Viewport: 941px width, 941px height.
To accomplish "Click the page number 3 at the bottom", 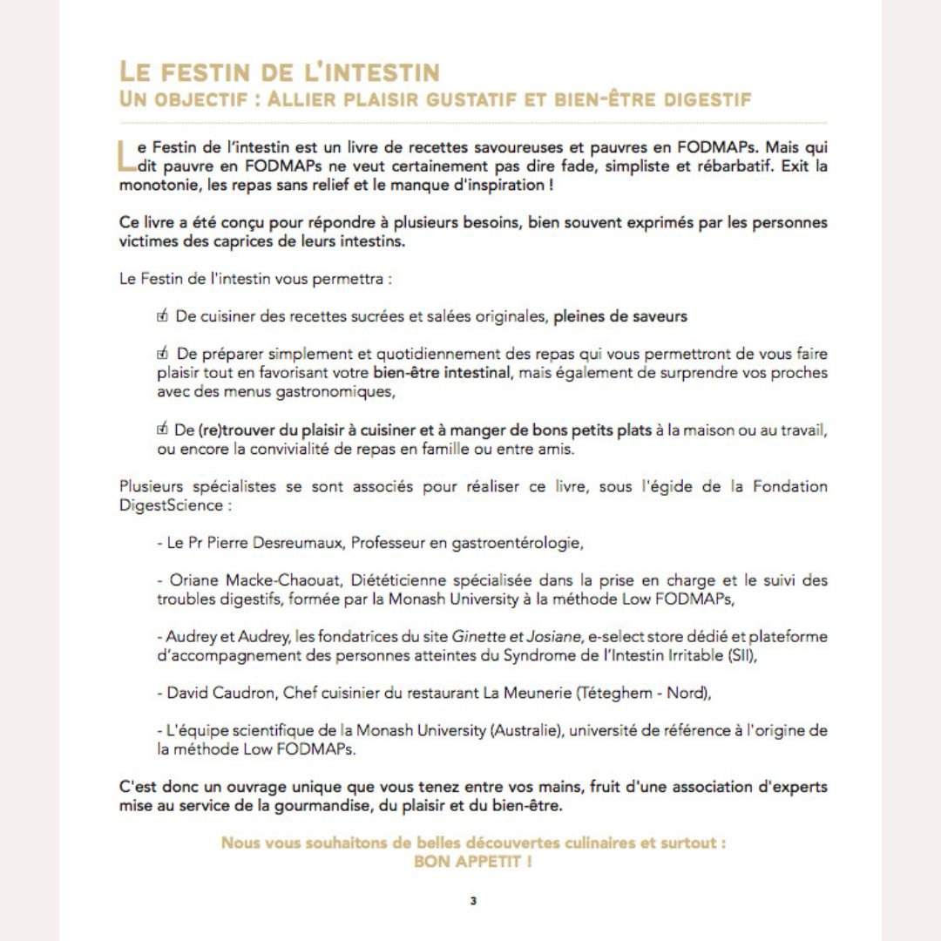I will (x=473, y=901).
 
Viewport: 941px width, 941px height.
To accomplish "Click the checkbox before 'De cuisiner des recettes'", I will (x=162, y=316).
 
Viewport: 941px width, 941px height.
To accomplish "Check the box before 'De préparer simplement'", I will (x=162, y=354).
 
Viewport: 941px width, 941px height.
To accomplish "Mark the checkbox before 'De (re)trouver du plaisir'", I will (x=162, y=430).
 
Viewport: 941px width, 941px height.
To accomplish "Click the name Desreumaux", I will (x=306, y=543).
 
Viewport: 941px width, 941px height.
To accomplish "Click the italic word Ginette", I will (x=488, y=637).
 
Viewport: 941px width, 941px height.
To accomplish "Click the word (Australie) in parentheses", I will (x=526, y=730).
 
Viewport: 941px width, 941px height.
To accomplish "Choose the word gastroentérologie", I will (x=517, y=543).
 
